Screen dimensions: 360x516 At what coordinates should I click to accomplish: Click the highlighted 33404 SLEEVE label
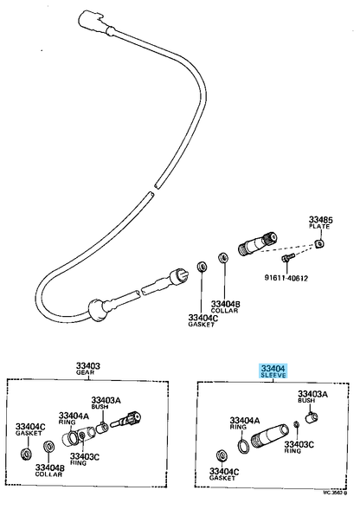273,371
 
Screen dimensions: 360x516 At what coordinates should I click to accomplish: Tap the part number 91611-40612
286,279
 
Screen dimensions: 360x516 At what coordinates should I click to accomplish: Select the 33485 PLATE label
320,223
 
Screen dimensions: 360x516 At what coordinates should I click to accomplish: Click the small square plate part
319,244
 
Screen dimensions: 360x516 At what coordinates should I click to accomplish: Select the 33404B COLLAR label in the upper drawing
225,307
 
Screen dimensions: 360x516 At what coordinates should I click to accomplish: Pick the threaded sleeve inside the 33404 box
269,436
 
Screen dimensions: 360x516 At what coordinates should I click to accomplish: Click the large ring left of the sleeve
243,445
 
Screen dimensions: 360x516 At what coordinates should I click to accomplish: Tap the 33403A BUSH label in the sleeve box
312,397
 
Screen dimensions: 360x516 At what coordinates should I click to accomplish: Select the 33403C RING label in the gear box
85,460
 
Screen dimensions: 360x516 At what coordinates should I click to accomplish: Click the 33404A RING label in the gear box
74,418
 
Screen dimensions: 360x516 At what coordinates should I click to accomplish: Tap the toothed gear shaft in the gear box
126,419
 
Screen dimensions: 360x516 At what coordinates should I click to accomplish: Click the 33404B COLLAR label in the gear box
49,471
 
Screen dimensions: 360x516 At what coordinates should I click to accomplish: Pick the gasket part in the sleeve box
222,455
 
